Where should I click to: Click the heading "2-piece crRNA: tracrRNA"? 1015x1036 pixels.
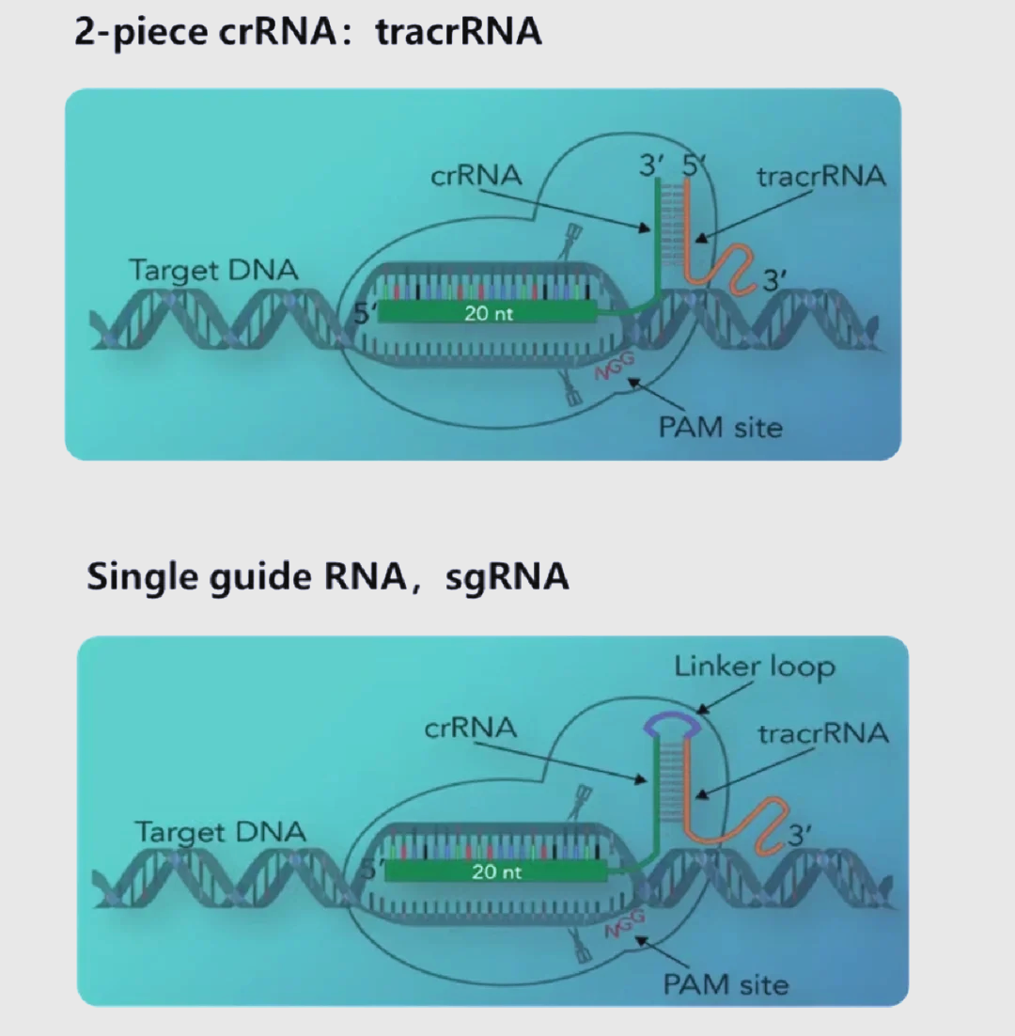308,31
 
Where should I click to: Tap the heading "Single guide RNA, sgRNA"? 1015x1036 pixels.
327,575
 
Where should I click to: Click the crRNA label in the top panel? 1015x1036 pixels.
476,175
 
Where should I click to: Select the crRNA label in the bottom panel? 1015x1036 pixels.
471,727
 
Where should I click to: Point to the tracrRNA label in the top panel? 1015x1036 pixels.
820,176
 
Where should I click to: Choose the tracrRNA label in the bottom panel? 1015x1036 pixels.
823,732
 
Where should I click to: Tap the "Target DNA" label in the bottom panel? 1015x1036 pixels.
220,831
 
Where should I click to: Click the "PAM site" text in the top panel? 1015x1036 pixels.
720,428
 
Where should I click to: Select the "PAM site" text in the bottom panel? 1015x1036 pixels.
726,984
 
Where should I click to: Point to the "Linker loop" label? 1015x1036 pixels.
754,667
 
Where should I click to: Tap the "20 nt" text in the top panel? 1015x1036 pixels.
489,313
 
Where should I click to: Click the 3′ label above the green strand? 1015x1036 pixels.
650,165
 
